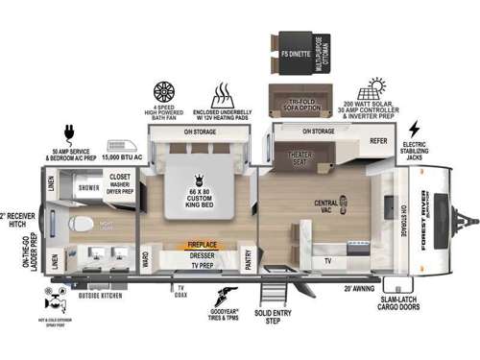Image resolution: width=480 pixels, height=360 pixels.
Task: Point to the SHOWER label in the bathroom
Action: point(90,188)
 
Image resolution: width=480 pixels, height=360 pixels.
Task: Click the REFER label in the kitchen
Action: point(378,140)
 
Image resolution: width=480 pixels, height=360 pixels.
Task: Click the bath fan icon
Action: point(164,93)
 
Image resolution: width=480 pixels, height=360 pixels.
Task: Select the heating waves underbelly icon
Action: point(224,94)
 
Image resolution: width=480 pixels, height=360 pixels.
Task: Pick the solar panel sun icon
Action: point(369,88)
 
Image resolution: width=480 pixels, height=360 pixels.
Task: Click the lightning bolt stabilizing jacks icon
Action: point(414,129)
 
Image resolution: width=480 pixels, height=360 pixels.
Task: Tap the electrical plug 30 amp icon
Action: point(69,131)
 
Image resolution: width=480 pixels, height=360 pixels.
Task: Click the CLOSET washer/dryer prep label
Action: point(120,181)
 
